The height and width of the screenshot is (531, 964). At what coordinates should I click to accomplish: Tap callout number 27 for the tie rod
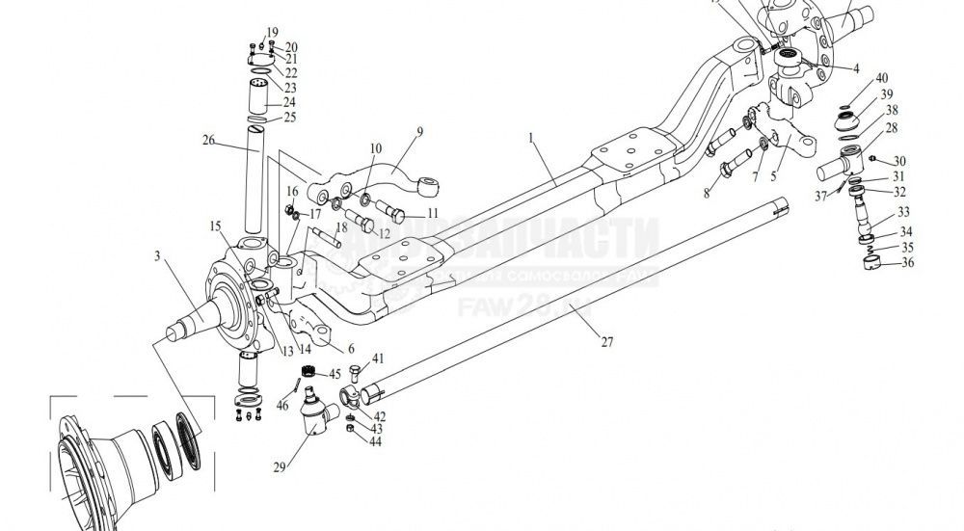point(606,340)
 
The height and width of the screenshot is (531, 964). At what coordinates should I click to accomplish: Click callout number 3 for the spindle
point(155,256)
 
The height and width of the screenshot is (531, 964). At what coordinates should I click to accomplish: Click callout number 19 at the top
point(259,33)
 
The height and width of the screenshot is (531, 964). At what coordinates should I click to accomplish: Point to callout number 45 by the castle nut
point(335,374)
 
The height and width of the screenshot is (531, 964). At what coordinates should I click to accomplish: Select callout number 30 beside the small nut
point(899,161)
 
